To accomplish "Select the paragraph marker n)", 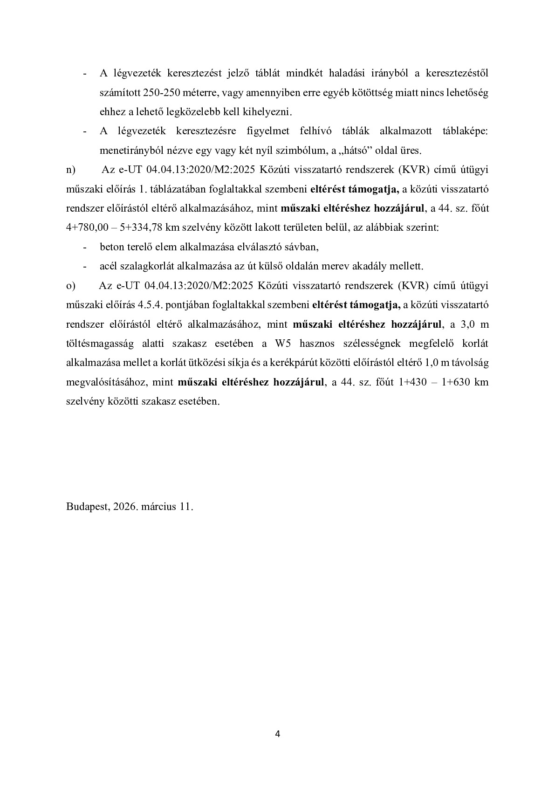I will click(x=70, y=170).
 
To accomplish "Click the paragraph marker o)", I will click(x=70, y=285).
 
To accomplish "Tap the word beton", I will click(x=111, y=247).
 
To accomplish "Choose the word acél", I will click(x=108, y=266).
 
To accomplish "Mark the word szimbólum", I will click(x=291, y=151).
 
